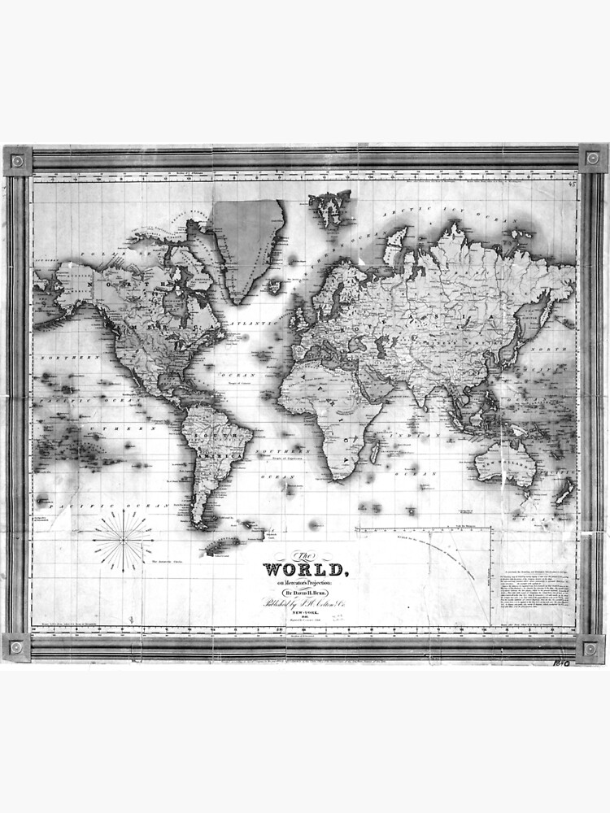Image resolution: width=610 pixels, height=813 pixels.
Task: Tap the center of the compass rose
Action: [x=123, y=540]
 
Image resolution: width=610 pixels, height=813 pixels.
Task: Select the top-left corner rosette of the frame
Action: [x=17, y=160]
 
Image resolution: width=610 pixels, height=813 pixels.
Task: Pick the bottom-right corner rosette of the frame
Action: [x=591, y=648]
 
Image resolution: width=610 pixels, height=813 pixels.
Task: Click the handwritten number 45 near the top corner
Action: [x=573, y=185]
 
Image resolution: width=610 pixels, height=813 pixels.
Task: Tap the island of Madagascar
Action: [x=375, y=450]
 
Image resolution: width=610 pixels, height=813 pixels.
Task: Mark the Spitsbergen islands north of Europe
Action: [x=329, y=204]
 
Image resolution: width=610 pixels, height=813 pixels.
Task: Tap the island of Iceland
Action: [x=276, y=286]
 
